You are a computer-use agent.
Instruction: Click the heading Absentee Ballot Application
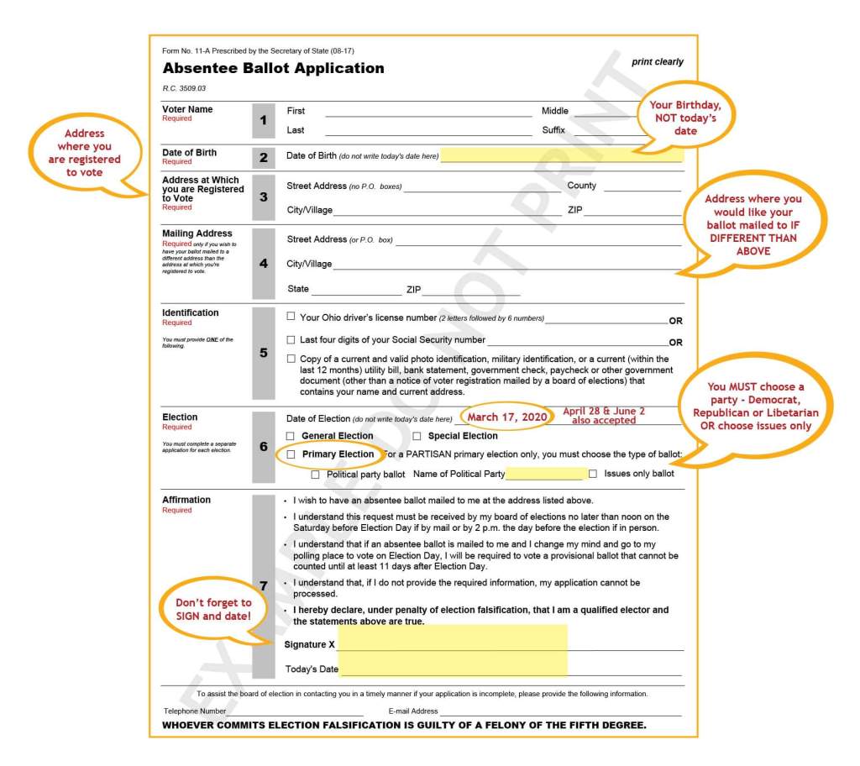(x=273, y=69)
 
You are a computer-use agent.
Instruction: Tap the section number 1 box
(x=263, y=120)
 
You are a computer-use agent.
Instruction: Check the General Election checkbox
(x=291, y=436)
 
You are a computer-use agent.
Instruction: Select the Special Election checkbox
(x=417, y=436)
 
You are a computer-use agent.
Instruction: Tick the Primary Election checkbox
(x=291, y=454)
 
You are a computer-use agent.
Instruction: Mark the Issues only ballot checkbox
(x=593, y=474)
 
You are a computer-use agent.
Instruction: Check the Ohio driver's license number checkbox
(x=291, y=317)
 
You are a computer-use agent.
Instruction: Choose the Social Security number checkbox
(x=291, y=340)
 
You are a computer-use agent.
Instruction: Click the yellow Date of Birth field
(x=561, y=155)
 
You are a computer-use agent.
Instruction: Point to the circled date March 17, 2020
(x=507, y=417)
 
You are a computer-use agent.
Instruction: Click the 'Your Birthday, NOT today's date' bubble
(x=685, y=118)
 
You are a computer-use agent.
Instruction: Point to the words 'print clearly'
(x=658, y=62)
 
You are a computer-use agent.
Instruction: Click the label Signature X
(x=310, y=644)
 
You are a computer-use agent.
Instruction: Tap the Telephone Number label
(x=195, y=711)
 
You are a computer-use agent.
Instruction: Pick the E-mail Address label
(x=413, y=711)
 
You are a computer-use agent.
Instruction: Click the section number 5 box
(x=263, y=353)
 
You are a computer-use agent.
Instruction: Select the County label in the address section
(x=582, y=186)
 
